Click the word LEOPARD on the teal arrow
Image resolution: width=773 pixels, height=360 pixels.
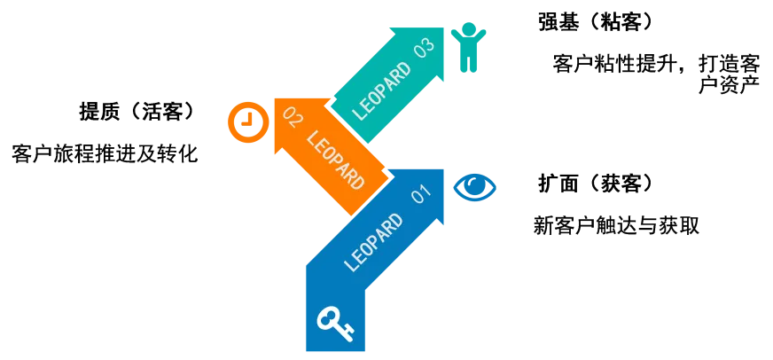381,90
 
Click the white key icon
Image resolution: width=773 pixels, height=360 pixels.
335,323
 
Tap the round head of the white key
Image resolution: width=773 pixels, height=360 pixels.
327,317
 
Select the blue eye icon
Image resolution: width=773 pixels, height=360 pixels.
475,187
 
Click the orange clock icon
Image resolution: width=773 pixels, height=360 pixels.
247,122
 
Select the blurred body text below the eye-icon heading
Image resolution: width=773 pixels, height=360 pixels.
617,226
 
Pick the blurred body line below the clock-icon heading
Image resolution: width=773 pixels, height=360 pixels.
102,152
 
